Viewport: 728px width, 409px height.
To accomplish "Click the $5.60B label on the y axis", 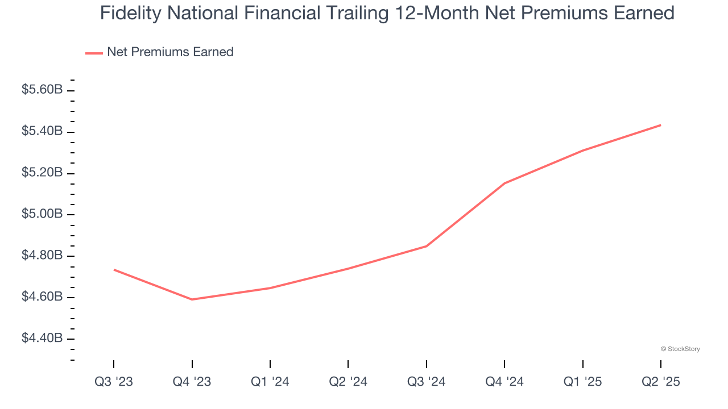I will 42,90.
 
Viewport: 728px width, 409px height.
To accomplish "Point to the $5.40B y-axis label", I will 42,131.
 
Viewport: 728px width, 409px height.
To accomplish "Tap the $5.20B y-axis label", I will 42,173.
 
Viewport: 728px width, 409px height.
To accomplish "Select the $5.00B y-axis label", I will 42,214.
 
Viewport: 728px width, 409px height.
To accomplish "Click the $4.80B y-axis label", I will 42,256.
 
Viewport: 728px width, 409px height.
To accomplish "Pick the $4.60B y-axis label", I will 42,297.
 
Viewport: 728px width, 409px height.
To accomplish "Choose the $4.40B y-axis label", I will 42,339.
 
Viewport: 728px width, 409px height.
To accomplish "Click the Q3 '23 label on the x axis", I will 114,382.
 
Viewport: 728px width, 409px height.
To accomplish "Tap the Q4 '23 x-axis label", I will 192,382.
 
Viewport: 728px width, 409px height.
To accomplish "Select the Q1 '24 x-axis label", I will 270,382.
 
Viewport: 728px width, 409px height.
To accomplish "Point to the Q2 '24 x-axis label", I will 348,382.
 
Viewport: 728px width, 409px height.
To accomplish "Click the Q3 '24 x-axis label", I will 427,382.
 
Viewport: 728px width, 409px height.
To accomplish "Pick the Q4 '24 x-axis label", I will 504,382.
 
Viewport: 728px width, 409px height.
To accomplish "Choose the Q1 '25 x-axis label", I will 583,382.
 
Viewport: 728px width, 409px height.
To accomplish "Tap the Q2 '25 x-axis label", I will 661,382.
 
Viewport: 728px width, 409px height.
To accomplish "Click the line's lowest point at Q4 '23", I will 192,299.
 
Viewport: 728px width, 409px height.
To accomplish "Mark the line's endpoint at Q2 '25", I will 661,125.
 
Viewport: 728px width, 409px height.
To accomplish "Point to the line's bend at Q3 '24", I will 427,246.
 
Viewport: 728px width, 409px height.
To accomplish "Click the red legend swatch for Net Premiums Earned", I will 94,53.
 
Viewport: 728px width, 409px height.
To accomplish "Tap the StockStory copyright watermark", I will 680,349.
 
